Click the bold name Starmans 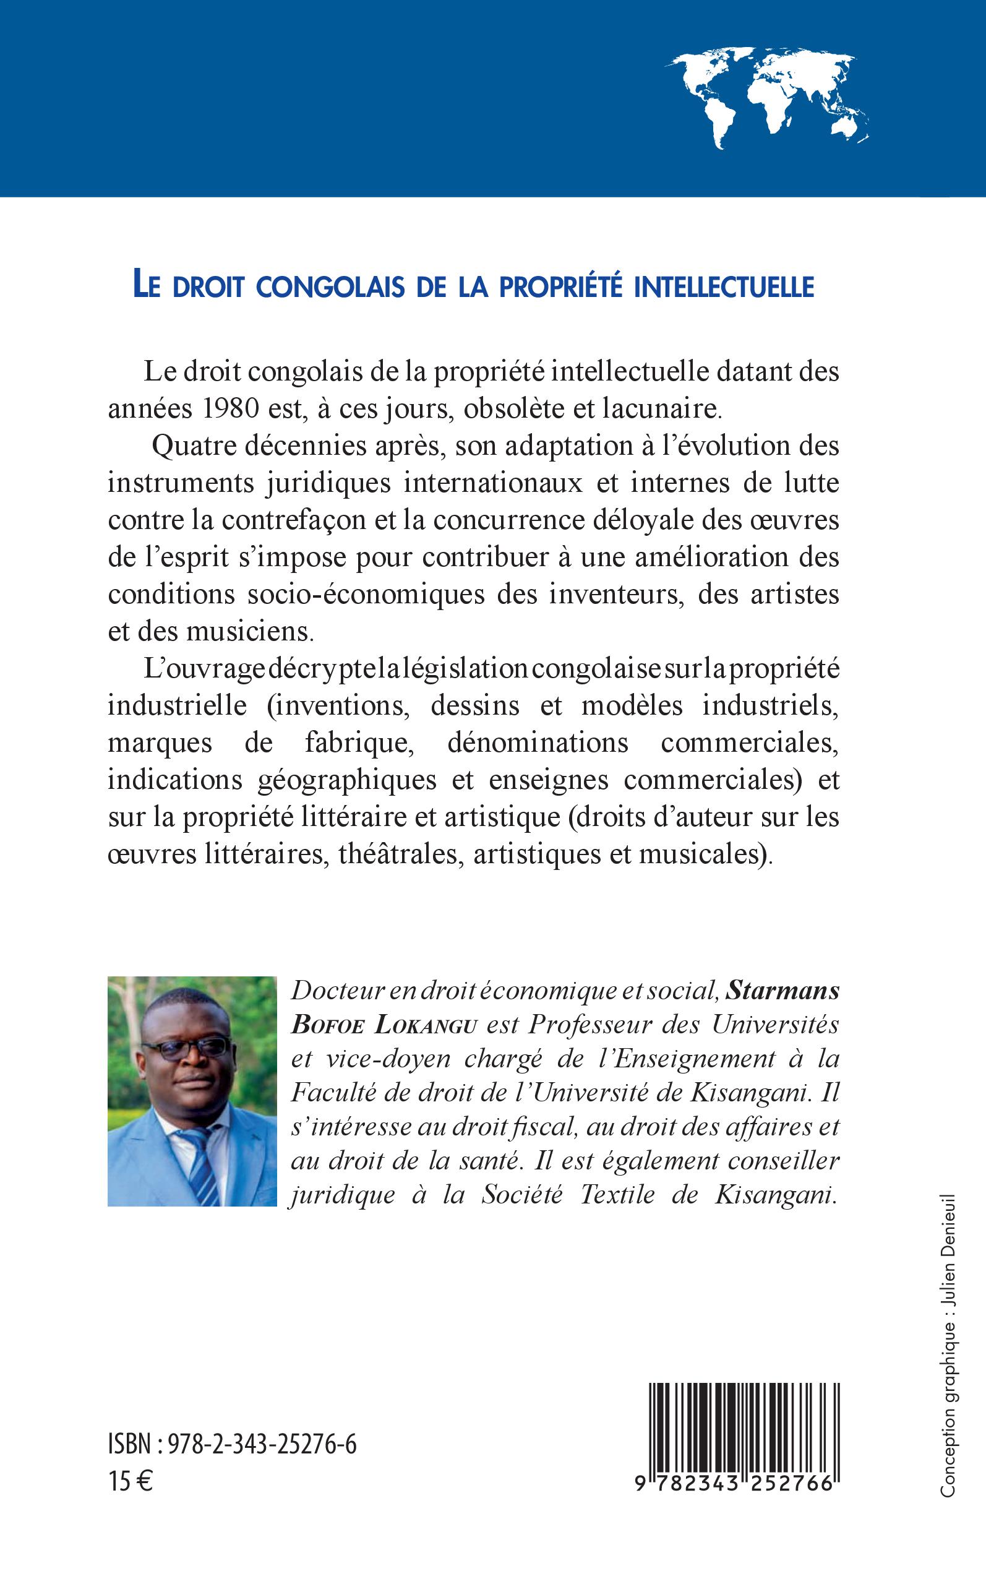(782, 991)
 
